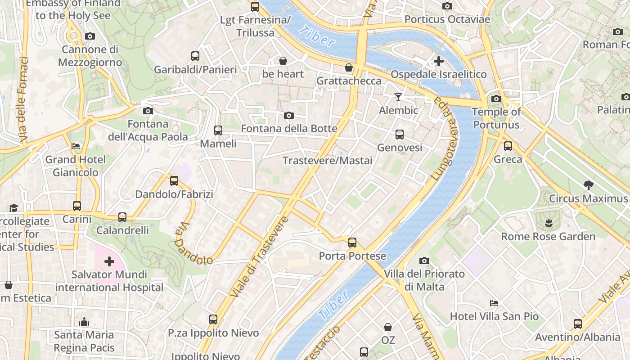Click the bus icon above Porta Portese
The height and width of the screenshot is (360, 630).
[352, 243]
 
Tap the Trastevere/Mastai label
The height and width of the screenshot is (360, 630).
[327, 161]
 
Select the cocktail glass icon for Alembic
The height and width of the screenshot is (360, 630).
[398, 97]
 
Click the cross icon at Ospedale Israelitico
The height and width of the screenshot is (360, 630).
[438, 61]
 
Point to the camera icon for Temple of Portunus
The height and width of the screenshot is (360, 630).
[496, 99]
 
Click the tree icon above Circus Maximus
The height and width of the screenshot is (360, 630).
[588, 184]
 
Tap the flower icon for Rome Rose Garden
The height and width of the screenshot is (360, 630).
[548, 222]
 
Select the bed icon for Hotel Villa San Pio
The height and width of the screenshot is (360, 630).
[494, 303]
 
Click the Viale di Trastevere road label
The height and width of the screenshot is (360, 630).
[259, 257]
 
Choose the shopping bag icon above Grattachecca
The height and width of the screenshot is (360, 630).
[348, 67]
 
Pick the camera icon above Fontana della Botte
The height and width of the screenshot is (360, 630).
[289, 115]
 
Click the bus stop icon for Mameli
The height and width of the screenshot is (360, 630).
[218, 130]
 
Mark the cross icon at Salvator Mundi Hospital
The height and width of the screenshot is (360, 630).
[109, 261]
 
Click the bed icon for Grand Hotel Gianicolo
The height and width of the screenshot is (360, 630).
[76, 146]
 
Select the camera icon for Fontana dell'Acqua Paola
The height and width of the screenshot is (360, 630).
[148, 111]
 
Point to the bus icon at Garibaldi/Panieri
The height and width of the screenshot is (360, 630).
[195, 56]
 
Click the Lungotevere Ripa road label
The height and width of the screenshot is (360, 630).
[443, 139]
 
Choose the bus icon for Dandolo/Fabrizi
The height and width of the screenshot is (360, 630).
[174, 181]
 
